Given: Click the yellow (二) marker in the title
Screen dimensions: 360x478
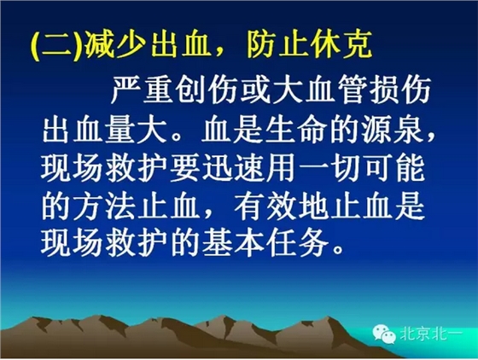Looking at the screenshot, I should click(53, 44).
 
